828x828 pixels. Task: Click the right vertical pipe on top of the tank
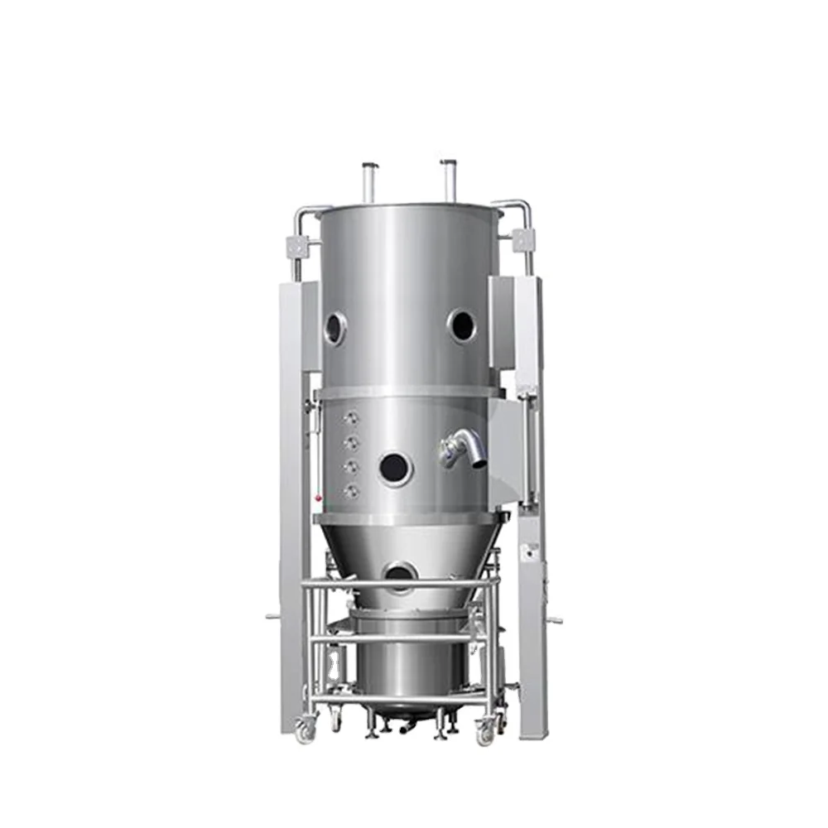[449, 180]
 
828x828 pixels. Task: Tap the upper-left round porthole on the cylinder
[335, 328]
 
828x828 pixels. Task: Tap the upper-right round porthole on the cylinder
[462, 325]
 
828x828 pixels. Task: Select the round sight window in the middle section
[394, 469]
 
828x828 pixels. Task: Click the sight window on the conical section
[401, 574]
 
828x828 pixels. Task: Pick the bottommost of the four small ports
[352, 491]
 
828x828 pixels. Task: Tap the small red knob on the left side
[318, 498]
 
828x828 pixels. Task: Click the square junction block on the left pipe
[297, 246]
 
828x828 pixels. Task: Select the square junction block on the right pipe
[522, 240]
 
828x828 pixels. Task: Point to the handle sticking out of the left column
[272, 615]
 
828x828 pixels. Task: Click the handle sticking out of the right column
[553, 619]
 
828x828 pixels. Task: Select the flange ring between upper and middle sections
[411, 391]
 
